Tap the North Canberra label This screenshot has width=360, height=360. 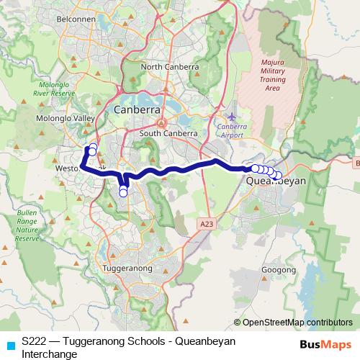coord(170,67)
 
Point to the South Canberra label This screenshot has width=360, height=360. coord(168,134)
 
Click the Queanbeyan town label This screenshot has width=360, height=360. coord(276,182)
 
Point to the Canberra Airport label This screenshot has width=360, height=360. coord(231,130)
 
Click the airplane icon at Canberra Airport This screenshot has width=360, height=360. coord(230,116)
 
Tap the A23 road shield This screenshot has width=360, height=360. coord(207,225)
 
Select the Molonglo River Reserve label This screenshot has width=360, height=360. coord(55,89)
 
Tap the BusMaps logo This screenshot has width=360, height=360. coord(323,344)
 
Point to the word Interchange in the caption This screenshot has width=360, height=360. coord(50,354)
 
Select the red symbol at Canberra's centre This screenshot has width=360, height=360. coord(162,122)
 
